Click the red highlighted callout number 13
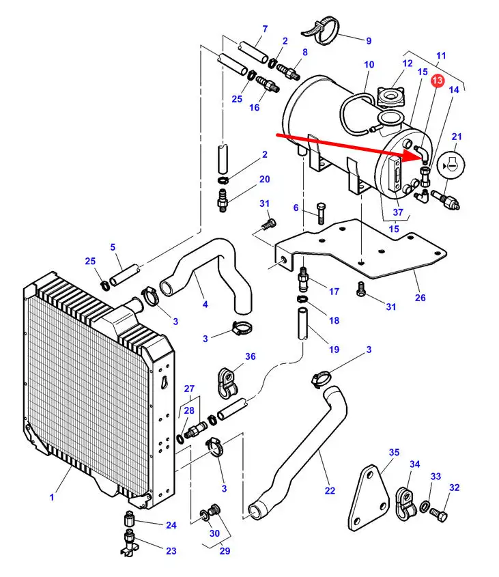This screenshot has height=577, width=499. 438,81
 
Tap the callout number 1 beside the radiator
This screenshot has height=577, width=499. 52,497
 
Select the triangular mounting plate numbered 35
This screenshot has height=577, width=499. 369,498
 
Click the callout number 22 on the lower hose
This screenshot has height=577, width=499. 330,490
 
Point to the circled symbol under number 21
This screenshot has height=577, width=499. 451,165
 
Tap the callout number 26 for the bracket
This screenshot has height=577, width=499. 420,297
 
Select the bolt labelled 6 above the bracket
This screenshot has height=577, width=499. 321,213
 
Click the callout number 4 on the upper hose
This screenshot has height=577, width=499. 205,304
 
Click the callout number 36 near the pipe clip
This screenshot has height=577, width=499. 251,356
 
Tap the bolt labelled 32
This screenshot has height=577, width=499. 438,513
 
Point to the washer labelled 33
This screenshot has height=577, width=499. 424,507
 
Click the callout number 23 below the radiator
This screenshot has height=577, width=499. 171,551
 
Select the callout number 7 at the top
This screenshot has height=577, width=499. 265,28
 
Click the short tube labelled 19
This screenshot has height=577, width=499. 303,324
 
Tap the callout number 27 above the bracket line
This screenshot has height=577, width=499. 189,389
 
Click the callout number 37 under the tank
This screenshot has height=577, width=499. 398,212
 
